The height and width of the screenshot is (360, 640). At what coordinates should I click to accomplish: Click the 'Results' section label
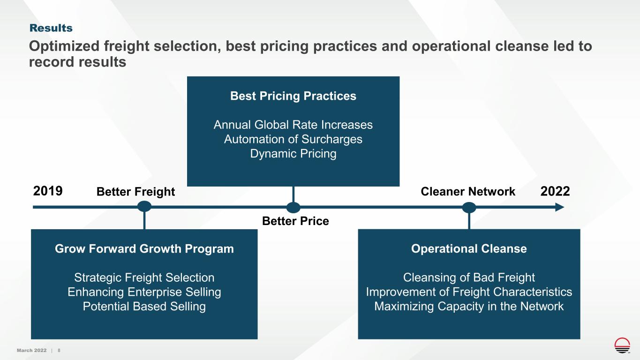(51, 28)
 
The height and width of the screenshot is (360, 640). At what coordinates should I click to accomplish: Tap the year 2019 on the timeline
(48, 191)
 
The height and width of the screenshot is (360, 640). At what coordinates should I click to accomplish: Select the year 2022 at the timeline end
(555, 191)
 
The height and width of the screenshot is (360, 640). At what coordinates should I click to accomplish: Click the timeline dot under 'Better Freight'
(144, 206)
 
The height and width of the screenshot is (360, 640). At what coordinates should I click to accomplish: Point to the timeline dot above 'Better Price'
(294, 208)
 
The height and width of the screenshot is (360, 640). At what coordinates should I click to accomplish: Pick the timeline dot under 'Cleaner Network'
(469, 208)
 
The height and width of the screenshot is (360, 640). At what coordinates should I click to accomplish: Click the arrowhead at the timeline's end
(560, 207)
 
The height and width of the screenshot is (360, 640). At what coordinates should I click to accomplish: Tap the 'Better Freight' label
(136, 192)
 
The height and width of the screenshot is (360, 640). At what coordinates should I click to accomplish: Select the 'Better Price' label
(295, 221)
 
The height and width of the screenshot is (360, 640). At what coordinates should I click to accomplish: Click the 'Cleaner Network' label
(468, 191)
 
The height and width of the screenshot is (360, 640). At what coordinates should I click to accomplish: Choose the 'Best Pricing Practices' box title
(293, 96)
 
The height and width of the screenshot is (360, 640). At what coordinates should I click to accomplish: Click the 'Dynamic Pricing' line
(293, 154)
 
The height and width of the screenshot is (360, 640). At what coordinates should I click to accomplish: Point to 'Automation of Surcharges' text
(293, 139)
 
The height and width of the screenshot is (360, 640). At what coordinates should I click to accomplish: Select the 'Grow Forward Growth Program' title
(144, 249)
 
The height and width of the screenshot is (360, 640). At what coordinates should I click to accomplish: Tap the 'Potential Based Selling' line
(144, 306)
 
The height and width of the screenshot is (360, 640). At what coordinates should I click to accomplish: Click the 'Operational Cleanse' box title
(469, 249)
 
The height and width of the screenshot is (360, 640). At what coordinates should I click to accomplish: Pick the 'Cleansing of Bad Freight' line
(469, 277)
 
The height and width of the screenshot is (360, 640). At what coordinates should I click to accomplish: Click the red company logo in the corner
(622, 345)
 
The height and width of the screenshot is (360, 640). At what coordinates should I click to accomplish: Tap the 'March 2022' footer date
(31, 350)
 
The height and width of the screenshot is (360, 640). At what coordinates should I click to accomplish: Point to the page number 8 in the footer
(59, 350)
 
